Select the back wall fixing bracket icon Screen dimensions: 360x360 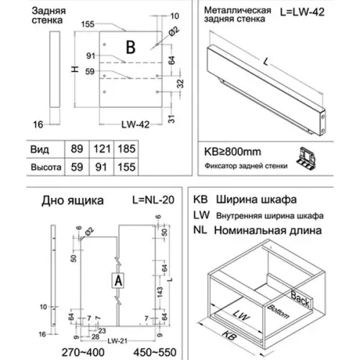(x=308, y=160)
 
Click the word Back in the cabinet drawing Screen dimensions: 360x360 (x=300, y=294)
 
